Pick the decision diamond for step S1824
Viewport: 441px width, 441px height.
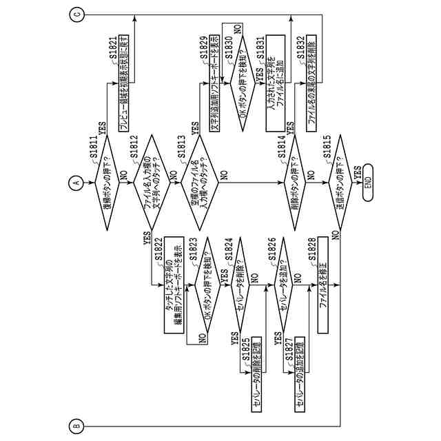pyautogui.click(x=240, y=283)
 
